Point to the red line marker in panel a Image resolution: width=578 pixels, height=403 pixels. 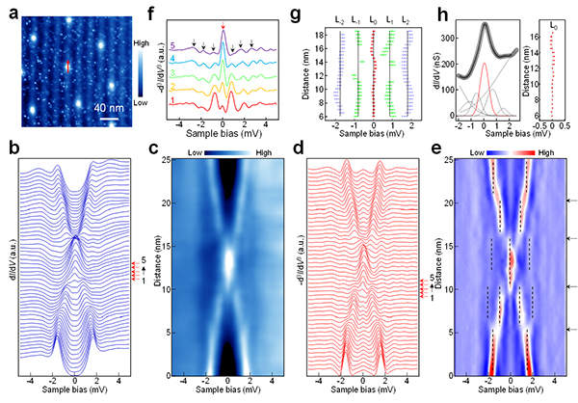pyautogui.click(x=67, y=65)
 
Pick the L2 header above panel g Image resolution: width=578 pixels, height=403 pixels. pyautogui.click(x=421, y=19)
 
